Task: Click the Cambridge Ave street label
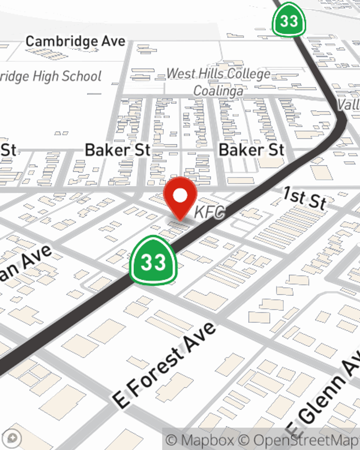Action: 75,41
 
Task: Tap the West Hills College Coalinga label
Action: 218,82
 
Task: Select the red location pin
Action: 180,198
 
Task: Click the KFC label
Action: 210,212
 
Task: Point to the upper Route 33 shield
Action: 289,20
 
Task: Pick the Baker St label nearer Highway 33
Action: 251,150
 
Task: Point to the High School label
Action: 50,76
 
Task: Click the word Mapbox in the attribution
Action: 207,440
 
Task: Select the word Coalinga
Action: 218,91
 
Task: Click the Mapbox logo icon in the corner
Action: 12,438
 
